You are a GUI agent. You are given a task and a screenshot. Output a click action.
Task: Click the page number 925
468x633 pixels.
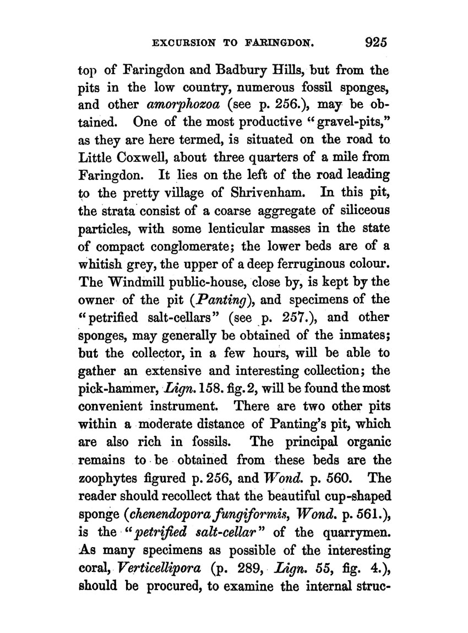click(373, 43)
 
